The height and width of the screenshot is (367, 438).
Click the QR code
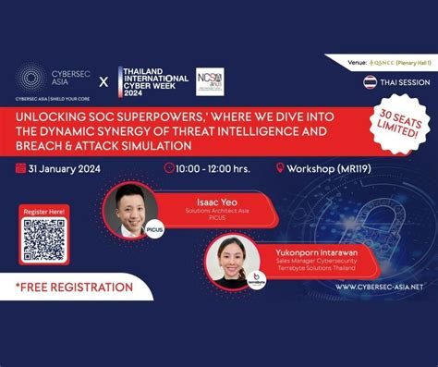click(x=43, y=239)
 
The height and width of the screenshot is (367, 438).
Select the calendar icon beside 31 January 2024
click(x=20, y=168)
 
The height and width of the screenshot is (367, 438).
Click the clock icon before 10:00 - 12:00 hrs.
click(x=169, y=168)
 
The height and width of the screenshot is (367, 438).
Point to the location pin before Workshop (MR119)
click(x=280, y=168)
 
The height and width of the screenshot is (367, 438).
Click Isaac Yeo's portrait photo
click(x=128, y=211)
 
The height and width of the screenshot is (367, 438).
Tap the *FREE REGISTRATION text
click(x=74, y=287)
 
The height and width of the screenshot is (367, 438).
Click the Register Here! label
click(x=43, y=211)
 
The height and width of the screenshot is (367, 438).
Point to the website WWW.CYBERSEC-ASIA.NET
click(x=379, y=287)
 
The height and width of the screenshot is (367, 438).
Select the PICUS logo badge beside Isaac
click(x=154, y=233)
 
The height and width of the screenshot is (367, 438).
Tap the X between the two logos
click(x=103, y=80)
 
